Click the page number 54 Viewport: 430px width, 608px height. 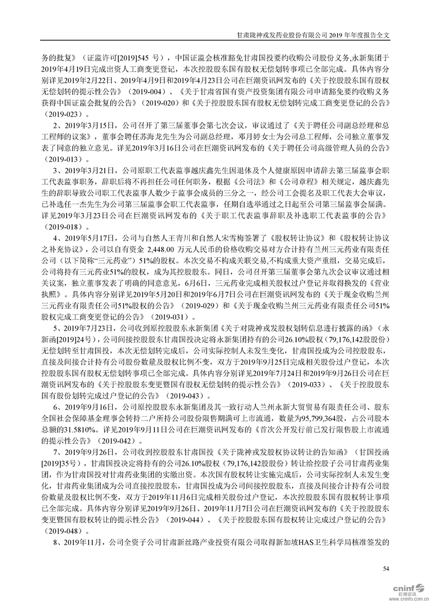386,568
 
